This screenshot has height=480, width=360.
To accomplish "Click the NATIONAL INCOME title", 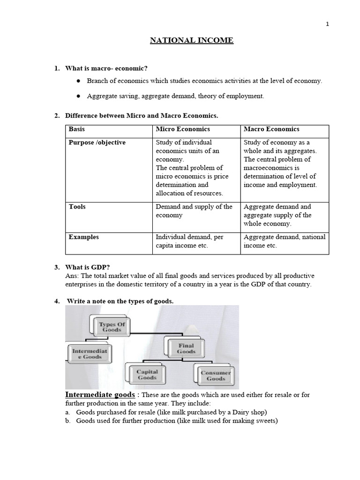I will coord(191,41).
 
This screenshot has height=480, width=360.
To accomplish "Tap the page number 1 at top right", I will coord(328,25).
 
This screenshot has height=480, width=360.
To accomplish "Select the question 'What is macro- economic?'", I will coord(103,68).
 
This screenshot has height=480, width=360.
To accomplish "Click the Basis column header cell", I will coord(77,129).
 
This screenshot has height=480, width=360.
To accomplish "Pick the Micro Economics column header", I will coord(183,129).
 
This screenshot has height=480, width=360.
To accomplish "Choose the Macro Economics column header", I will coord(271,129).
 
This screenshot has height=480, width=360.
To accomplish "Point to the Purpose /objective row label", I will coord(97,142).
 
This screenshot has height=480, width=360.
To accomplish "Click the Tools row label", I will coord(77,206).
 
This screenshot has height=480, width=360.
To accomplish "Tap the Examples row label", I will coord(84,237).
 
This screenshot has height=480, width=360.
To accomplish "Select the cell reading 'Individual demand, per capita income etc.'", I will coord(189,241).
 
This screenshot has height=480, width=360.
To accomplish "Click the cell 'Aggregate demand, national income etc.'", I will coord(284,241).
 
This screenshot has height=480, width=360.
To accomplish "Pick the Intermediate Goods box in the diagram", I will coord(89,354).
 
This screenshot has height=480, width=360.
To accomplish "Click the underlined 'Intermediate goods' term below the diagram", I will coord(100,395).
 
